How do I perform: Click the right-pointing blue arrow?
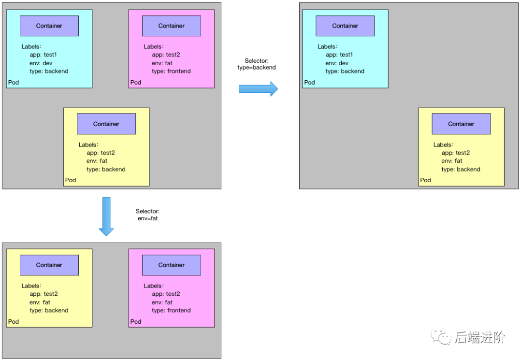click(x=258, y=89)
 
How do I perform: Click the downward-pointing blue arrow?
click(x=106, y=216)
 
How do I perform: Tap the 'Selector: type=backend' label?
click(x=257, y=64)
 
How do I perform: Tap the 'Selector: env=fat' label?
click(x=147, y=215)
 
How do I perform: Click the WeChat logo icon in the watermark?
click(x=441, y=336)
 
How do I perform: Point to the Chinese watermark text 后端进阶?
click(x=480, y=337)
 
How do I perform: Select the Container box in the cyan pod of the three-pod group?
click(x=49, y=26)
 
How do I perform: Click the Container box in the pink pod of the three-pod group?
click(x=172, y=26)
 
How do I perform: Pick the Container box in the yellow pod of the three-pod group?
click(x=106, y=124)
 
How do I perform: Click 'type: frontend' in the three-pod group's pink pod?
click(x=171, y=71)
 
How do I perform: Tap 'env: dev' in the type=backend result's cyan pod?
click(x=337, y=63)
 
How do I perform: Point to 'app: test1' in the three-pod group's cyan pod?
click(x=43, y=55)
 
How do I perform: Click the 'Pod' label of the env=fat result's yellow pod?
click(x=14, y=321)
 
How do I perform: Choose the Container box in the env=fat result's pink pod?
click(x=172, y=265)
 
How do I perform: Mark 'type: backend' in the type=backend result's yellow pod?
click(x=461, y=169)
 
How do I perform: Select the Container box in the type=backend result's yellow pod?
click(x=461, y=124)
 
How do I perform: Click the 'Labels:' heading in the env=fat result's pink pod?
click(x=154, y=286)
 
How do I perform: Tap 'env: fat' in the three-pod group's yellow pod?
click(x=97, y=161)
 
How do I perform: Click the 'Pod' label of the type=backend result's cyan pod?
click(x=310, y=82)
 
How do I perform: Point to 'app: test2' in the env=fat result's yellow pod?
click(x=43, y=294)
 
